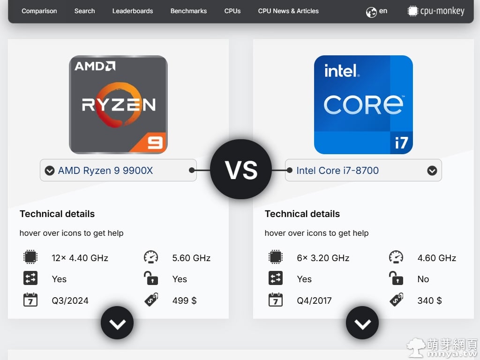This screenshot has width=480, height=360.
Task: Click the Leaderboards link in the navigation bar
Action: click(x=133, y=11)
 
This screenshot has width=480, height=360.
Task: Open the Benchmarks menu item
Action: click(x=188, y=11)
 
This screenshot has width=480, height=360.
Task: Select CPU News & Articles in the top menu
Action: click(x=288, y=11)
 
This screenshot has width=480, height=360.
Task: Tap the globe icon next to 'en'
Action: click(x=371, y=12)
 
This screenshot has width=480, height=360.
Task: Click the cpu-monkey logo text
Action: click(x=442, y=11)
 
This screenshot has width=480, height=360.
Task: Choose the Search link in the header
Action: click(x=84, y=11)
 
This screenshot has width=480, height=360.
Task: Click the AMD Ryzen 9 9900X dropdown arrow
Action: click(x=50, y=171)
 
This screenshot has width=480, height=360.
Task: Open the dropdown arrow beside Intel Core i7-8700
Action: click(x=432, y=171)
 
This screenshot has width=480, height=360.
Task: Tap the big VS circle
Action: click(x=241, y=169)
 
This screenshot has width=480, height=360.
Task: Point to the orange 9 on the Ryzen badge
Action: click(x=155, y=142)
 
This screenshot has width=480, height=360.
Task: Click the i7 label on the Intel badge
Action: click(x=401, y=142)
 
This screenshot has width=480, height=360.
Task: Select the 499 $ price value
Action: click(x=184, y=300)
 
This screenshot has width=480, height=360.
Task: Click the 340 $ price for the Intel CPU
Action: click(x=429, y=300)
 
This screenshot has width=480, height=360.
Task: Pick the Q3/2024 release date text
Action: click(x=70, y=300)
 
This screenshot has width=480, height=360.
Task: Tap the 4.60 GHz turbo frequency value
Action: click(x=436, y=258)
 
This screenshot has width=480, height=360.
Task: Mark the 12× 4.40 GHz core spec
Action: click(x=80, y=258)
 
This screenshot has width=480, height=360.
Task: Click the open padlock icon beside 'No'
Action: click(x=396, y=279)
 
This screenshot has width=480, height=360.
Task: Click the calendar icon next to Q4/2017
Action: click(x=275, y=300)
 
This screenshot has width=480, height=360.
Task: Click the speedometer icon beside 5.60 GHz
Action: click(x=151, y=257)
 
